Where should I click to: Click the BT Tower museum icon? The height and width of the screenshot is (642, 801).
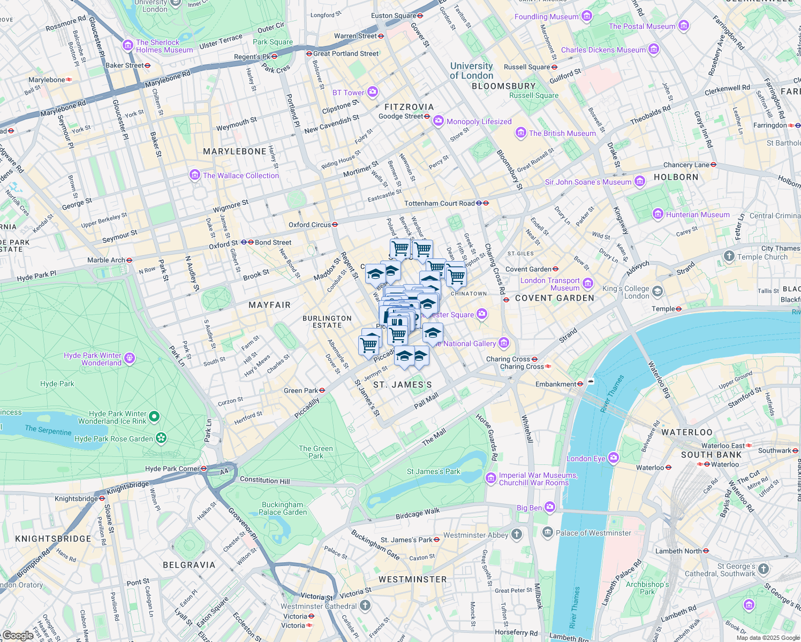(x=373, y=92)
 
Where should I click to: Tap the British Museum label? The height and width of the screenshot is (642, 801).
(x=562, y=133)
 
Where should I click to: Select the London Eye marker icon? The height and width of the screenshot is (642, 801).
(x=614, y=458)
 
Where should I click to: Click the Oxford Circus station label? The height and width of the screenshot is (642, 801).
(x=309, y=225)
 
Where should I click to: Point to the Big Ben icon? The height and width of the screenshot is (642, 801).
(x=550, y=507)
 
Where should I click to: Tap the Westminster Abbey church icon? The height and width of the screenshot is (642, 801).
(x=517, y=534)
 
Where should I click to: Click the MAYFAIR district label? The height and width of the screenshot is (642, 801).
(x=269, y=305)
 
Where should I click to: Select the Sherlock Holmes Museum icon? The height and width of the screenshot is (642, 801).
(x=128, y=45)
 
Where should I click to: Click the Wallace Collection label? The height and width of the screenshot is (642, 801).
(x=240, y=175)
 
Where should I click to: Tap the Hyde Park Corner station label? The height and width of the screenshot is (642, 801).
(x=172, y=469)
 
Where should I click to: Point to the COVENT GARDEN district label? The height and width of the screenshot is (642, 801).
(x=555, y=298)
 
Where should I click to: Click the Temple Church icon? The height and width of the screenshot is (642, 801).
(x=729, y=256)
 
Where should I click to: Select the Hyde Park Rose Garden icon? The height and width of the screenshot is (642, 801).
(x=161, y=439)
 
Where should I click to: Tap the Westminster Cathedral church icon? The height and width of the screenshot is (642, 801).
(x=365, y=606)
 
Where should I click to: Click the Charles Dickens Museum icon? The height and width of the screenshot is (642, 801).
(x=653, y=50)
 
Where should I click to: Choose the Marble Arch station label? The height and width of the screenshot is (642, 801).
(x=106, y=260)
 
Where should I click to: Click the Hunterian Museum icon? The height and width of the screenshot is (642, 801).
(x=658, y=215)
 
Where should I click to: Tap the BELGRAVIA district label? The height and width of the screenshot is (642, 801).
(x=189, y=565)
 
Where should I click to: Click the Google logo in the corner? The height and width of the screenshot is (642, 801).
(x=18, y=635)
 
